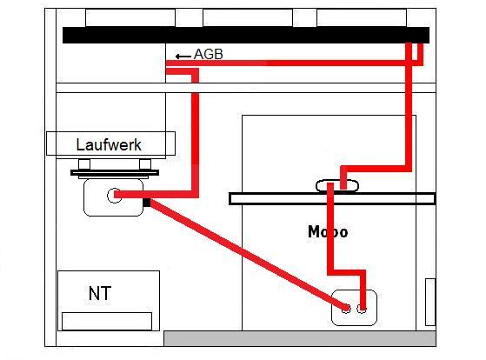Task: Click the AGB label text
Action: point(209,54)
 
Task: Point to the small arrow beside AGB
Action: point(183,57)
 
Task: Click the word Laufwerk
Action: point(109,145)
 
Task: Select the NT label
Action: point(100,293)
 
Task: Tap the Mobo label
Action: point(328,232)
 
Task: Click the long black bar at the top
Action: point(246,35)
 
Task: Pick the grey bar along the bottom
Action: point(300,338)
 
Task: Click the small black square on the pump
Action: point(147,203)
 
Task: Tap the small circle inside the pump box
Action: point(115,196)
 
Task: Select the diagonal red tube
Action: point(249,255)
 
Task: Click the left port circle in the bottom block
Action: point(346,309)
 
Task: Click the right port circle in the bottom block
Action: point(362,309)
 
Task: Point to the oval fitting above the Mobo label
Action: point(337,186)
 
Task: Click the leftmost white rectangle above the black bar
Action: point(130,17)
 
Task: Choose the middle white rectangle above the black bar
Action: point(248,17)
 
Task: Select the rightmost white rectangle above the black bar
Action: point(362,17)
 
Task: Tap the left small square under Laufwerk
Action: point(84,164)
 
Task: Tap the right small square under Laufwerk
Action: point(145,164)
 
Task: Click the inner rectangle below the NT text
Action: point(107,321)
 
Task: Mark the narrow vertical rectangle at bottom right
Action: point(430,302)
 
